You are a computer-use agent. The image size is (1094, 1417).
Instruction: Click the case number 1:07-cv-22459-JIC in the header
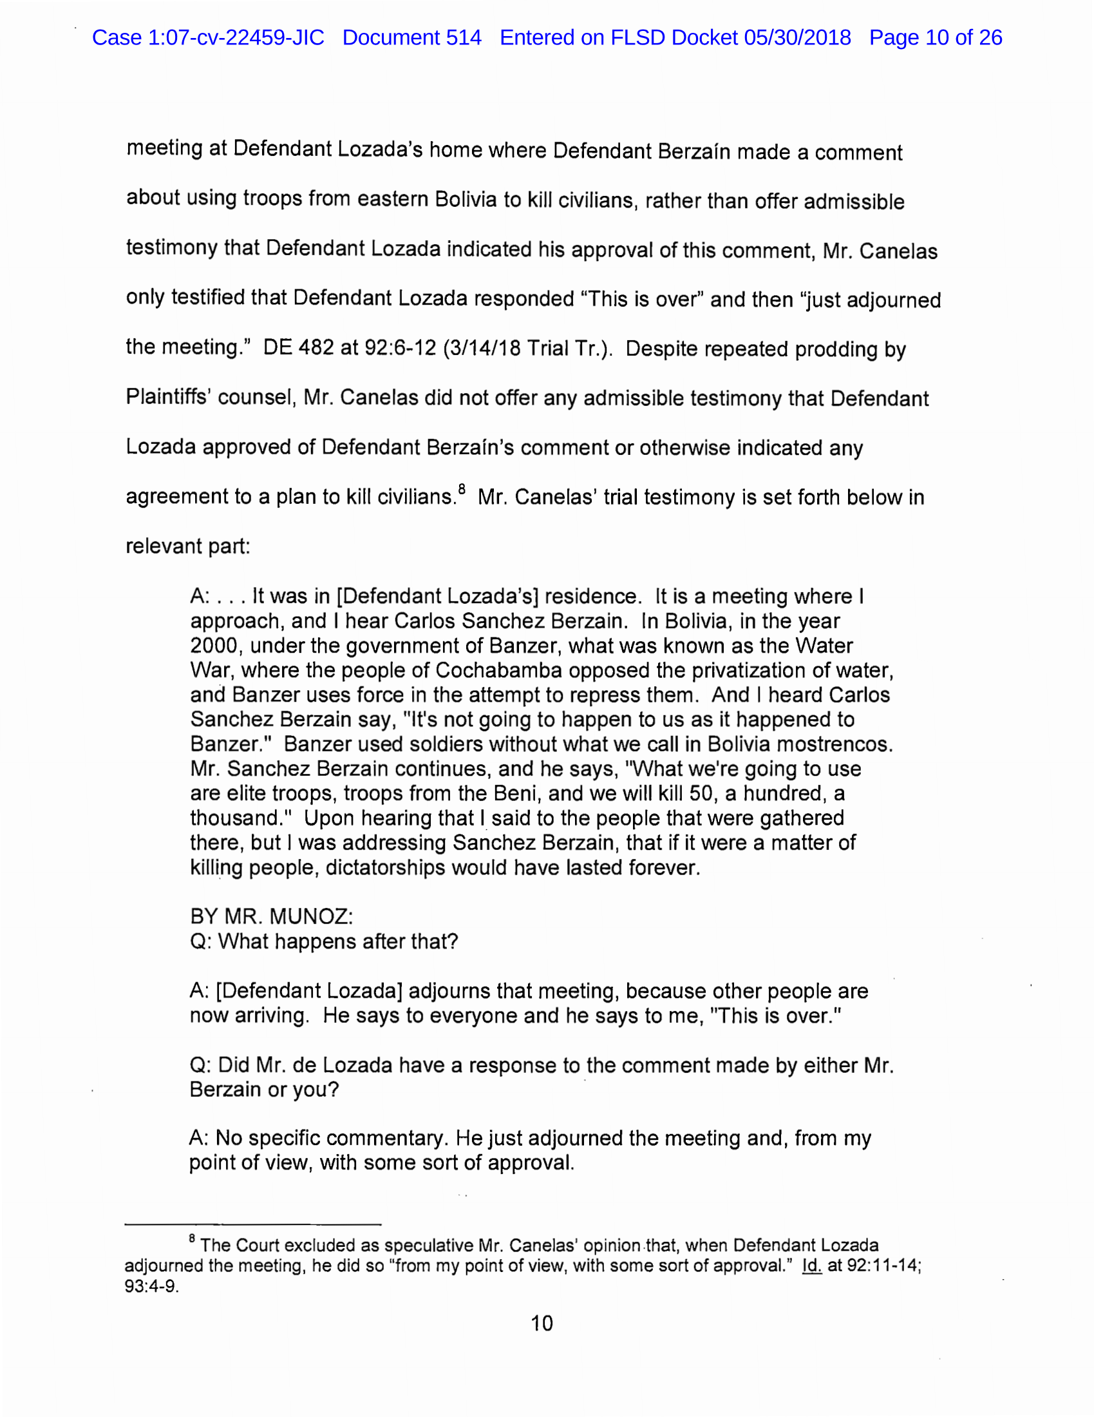coord(236,37)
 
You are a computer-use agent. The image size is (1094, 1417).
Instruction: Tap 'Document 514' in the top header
coord(412,37)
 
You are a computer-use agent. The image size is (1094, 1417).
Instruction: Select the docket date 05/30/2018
coord(797,37)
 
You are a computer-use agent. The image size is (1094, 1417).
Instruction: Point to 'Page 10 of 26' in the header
coord(935,37)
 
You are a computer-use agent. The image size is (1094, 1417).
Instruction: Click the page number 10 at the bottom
coord(542,1324)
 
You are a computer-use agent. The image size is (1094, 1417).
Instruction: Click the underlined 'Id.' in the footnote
coord(811,1266)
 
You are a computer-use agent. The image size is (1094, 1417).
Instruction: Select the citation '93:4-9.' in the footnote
coord(151,1287)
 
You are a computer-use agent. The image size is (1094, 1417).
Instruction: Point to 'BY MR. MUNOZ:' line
coord(271,917)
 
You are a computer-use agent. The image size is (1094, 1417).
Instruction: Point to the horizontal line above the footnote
coord(252,1225)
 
